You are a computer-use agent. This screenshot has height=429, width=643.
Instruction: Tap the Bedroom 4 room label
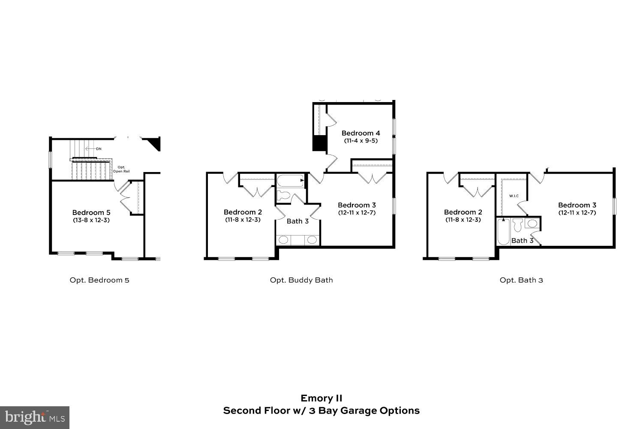point(361,133)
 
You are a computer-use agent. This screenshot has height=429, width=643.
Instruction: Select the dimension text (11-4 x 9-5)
point(361,141)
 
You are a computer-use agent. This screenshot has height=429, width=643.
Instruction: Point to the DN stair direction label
point(99,149)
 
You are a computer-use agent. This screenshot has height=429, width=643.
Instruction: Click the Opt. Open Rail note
point(121,169)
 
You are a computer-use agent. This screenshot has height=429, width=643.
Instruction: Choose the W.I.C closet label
point(514,196)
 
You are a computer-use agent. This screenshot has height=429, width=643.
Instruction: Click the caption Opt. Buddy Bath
point(301,280)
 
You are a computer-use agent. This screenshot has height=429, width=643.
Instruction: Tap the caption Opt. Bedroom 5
point(99,280)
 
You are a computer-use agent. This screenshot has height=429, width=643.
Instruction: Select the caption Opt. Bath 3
point(521,280)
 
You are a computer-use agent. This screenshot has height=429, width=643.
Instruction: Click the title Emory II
point(321,398)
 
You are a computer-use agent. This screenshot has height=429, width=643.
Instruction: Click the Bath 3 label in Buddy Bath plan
point(297,221)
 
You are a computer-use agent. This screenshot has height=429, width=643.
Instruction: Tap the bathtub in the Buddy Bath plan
point(290,181)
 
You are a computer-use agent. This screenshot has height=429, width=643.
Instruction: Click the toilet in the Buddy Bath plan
point(283,196)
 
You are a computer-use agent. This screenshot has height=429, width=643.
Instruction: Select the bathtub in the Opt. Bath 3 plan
point(503,232)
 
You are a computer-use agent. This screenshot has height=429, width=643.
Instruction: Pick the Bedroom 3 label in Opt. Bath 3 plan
point(577,205)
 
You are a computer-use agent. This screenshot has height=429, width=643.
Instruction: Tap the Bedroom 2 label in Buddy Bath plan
point(243,212)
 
